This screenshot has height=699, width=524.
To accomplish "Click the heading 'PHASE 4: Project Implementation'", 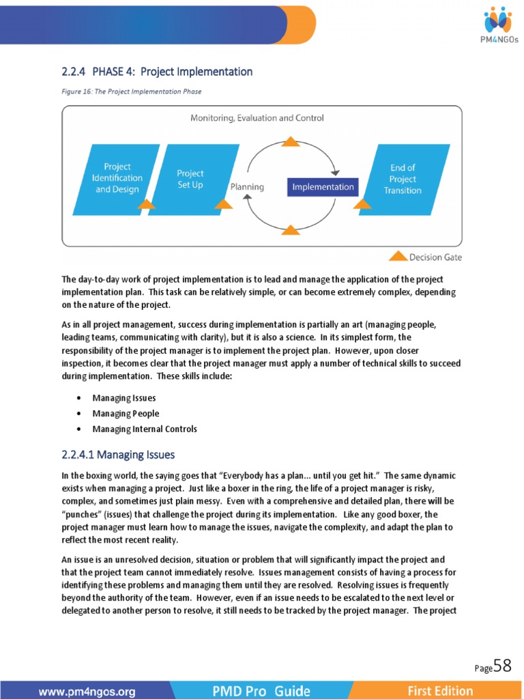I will pyautogui.click(x=157, y=72).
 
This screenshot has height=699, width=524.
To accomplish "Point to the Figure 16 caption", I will pyautogui.click(x=132, y=91).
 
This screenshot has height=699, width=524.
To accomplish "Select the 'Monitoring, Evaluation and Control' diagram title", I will pyautogui.click(x=257, y=118).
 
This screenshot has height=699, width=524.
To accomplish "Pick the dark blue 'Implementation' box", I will pyautogui.click(x=323, y=186).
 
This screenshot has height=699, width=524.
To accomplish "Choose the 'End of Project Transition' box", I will pyautogui.click(x=403, y=179).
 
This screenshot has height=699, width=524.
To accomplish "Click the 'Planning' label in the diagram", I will pyautogui.click(x=247, y=186).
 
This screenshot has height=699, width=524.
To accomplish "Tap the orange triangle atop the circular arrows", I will pyautogui.click(x=291, y=141).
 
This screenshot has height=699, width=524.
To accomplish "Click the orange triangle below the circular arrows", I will pyautogui.click(x=291, y=231).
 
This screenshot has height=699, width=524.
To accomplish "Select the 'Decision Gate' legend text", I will pyautogui.click(x=435, y=257).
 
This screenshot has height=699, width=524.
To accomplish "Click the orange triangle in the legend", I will pyautogui.click(x=398, y=257).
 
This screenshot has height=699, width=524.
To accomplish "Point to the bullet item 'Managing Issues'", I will pyautogui.click(x=124, y=398).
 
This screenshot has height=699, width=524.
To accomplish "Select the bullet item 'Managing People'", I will pyautogui.click(x=126, y=414).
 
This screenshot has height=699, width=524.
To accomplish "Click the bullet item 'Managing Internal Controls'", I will pyautogui.click(x=145, y=429).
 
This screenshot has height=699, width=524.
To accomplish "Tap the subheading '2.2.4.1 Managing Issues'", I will pyautogui.click(x=118, y=455).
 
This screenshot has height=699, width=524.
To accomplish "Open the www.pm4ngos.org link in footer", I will pyautogui.click(x=87, y=691).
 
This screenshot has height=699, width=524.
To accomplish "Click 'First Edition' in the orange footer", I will pyautogui.click(x=440, y=691).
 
